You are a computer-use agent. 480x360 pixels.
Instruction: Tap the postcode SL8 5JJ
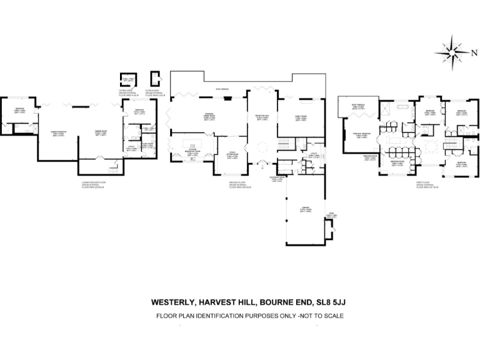coord(327,302)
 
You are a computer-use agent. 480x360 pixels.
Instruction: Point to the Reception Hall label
coord(261,116)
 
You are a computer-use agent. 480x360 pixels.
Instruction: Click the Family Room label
coord(301,116)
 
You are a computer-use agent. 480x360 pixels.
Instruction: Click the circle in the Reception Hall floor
coord(262,147)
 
